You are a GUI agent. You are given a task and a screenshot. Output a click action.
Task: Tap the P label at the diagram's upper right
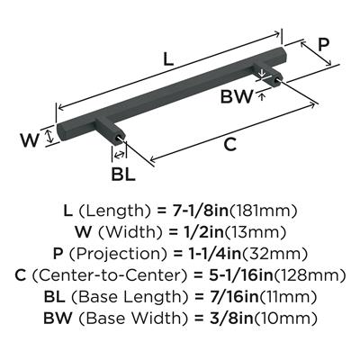323,45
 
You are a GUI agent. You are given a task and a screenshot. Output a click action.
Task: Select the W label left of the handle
30,140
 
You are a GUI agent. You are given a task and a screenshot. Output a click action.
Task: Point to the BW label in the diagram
237,96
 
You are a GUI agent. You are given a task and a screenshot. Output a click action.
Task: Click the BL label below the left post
123,174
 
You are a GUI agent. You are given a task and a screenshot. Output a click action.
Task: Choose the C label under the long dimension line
230,145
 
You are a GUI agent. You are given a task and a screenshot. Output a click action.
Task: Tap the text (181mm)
264,211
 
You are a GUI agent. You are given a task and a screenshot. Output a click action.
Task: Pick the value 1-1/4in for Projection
207,254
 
